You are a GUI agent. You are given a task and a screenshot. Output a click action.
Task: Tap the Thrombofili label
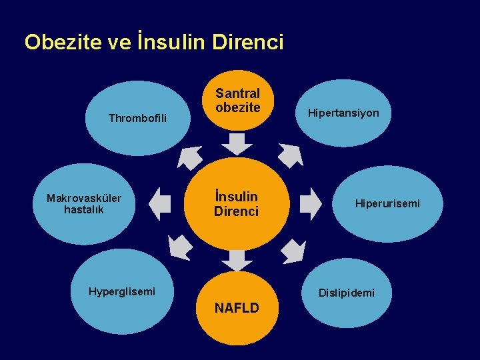pyautogui.click(x=137, y=119)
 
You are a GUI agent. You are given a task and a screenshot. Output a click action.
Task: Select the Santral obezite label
pyautogui.click(x=237, y=100)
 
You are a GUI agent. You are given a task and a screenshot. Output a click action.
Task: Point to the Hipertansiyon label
pyautogui.click(x=343, y=113)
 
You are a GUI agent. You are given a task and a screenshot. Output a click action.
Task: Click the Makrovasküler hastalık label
pyautogui.click(x=84, y=203)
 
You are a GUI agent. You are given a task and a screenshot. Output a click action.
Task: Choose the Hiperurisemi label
pyautogui.click(x=387, y=203)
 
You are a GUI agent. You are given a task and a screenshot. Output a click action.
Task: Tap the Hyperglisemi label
pyautogui.click(x=122, y=291)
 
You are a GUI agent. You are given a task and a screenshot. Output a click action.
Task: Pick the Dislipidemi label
pyautogui.click(x=346, y=293)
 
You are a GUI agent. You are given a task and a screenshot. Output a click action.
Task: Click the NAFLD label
pyautogui.click(x=237, y=307)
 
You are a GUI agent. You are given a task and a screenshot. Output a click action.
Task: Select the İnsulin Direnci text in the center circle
pyautogui.click(x=236, y=203)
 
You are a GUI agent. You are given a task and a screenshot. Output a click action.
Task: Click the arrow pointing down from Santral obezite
pyautogui.click(x=237, y=143)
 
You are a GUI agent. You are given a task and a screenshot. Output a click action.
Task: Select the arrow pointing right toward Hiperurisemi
pyautogui.click(x=310, y=203)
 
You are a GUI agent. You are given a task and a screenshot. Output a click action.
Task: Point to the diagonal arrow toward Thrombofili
pyautogui.click(x=190, y=157)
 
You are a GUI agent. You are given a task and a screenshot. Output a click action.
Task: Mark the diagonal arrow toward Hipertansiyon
pyautogui.click(x=290, y=155)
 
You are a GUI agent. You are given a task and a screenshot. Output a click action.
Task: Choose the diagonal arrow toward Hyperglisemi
pyautogui.click(x=181, y=247)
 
